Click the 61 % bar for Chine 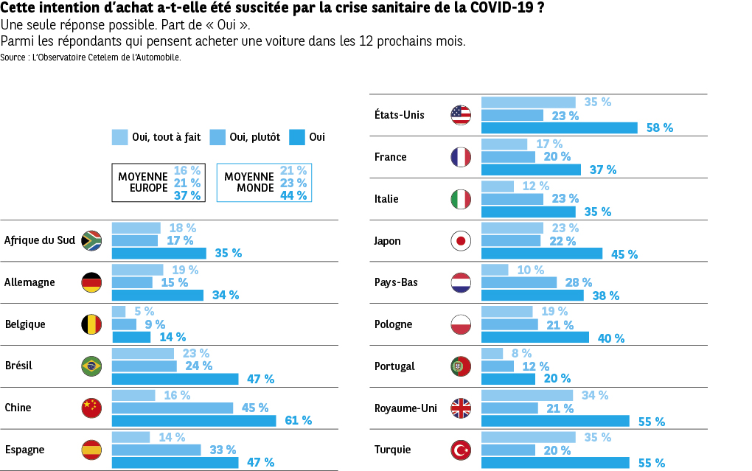(x=194, y=420)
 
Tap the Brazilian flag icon (x=91, y=366)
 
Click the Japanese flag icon (x=461, y=241)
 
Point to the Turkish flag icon (x=461, y=450)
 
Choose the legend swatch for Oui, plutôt (x=217, y=137)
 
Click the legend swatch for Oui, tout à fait (x=119, y=137)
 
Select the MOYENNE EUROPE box (x=159, y=183)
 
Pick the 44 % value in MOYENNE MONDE (x=293, y=195)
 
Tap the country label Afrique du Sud (x=40, y=240)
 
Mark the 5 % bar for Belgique (x=119, y=311)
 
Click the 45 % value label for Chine (x=255, y=408)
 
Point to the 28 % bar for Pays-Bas (x=519, y=282)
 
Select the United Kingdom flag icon (x=461, y=408)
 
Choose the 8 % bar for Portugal (x=492, y=353)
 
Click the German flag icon (x=91, y=282)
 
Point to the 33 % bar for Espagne (x=156, y=450)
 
